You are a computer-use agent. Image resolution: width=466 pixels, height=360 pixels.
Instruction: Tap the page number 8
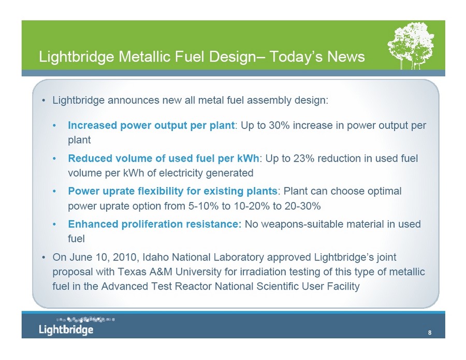(430, 333)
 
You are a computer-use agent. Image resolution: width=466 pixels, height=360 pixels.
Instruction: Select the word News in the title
(346, 56)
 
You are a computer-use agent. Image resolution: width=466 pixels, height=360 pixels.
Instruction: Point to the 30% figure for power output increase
(280, 125)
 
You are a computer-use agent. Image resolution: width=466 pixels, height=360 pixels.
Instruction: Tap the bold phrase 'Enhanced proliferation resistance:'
(155, 224)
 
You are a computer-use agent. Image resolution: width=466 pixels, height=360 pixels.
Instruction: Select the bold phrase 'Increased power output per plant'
(151, 126)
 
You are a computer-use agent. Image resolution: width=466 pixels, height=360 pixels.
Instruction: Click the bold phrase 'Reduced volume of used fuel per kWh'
(164, 159)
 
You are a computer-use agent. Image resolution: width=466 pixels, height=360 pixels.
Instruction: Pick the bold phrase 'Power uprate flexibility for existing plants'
(172, 191)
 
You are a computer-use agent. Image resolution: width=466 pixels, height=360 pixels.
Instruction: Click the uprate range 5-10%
(203, 206)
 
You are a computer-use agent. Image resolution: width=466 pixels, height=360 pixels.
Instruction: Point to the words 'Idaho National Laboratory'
(203, 257)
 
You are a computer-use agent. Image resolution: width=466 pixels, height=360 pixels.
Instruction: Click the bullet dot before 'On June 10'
(43, 257)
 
